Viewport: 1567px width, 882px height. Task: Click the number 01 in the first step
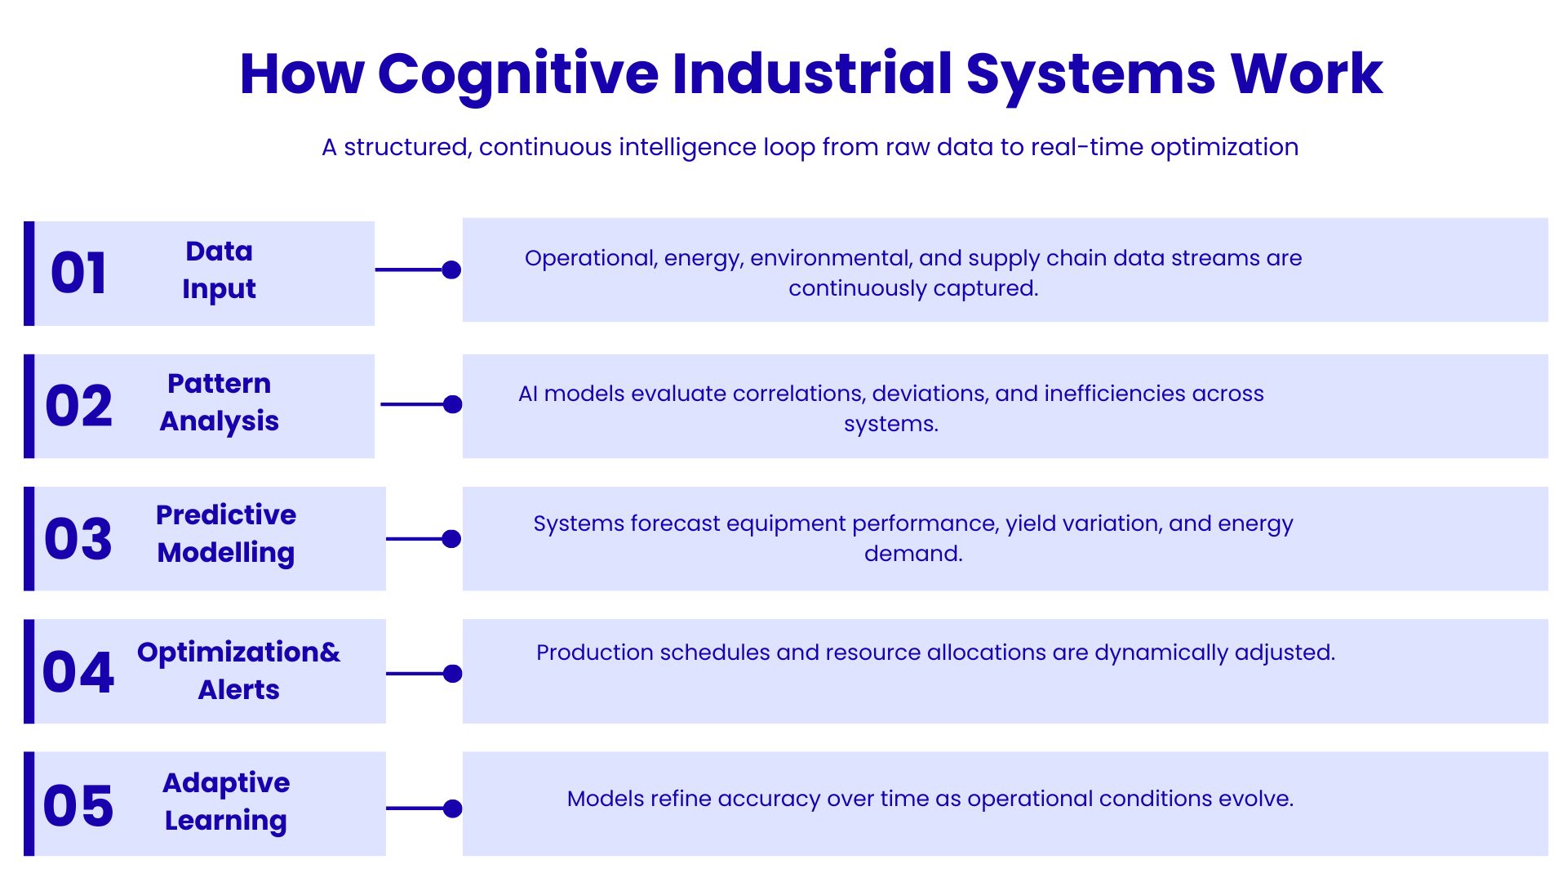[x=78, y=273]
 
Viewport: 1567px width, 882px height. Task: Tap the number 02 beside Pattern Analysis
[x=78, y=406]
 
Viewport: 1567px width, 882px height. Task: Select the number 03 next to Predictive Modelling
[x=78, y=539]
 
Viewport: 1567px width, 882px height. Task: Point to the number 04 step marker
[x=78, y=672]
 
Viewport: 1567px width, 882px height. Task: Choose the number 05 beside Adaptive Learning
[x=78, y=806]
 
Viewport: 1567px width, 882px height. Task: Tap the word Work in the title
[x=1307, y=73]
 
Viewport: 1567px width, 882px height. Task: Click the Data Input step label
[x=219, y=269]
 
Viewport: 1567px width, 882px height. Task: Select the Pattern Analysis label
[x=219, y=402]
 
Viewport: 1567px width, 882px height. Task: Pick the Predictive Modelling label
[x=226, y=533]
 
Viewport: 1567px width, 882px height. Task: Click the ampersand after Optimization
[x=330, y=653]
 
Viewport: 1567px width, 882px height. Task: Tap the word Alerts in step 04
[x=238, y=690]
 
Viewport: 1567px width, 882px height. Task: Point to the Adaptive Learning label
[x=226, y=801]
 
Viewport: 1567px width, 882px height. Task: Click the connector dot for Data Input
[x=451, y=269]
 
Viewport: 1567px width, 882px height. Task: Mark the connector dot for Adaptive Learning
[x=452, y=808]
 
